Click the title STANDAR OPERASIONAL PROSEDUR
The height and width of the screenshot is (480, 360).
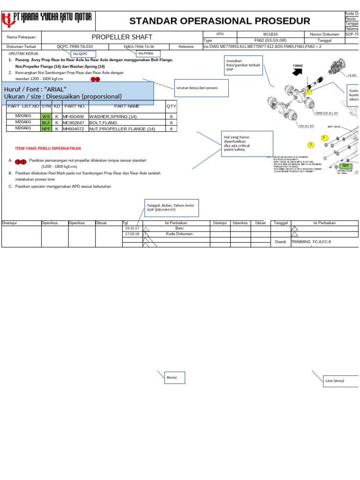219,21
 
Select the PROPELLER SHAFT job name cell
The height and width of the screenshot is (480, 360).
122,37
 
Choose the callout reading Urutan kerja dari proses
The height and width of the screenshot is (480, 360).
196,88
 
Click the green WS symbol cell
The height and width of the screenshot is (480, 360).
46,116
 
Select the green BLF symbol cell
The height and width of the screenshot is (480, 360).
46,122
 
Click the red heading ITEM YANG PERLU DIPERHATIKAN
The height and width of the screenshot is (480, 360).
48,149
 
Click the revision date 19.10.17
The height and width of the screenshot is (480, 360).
132,228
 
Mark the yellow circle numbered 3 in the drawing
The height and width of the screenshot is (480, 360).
310,144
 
